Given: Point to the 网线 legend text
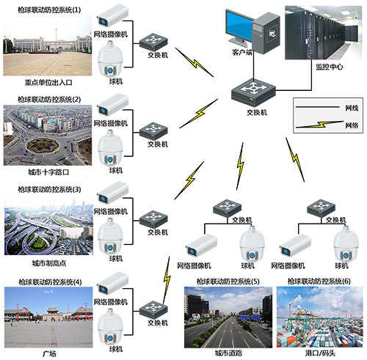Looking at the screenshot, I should (x=352, y=107).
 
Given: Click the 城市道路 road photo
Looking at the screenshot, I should (x=226, y=315).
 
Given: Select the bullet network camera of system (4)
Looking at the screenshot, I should (x=114, y=282).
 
